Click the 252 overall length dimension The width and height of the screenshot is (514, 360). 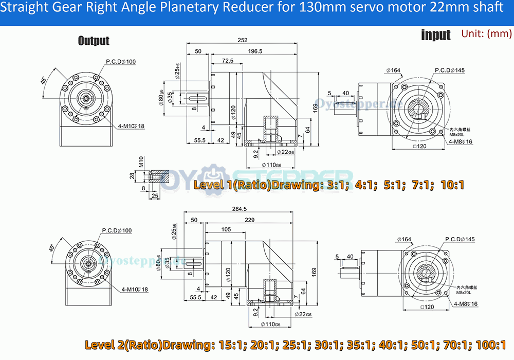point(243,41)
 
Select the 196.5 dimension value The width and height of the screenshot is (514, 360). point(255,51)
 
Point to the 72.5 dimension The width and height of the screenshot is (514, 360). point(227,61)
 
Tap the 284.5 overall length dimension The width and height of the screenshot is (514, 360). point(240,209)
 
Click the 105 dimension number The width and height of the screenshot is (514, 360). point(226,229)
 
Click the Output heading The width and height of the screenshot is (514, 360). point(94,41)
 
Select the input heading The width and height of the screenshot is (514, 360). point(436,35)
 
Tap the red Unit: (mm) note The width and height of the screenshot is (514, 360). point(486,34)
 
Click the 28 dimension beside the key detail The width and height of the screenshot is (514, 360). point(132,176)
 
